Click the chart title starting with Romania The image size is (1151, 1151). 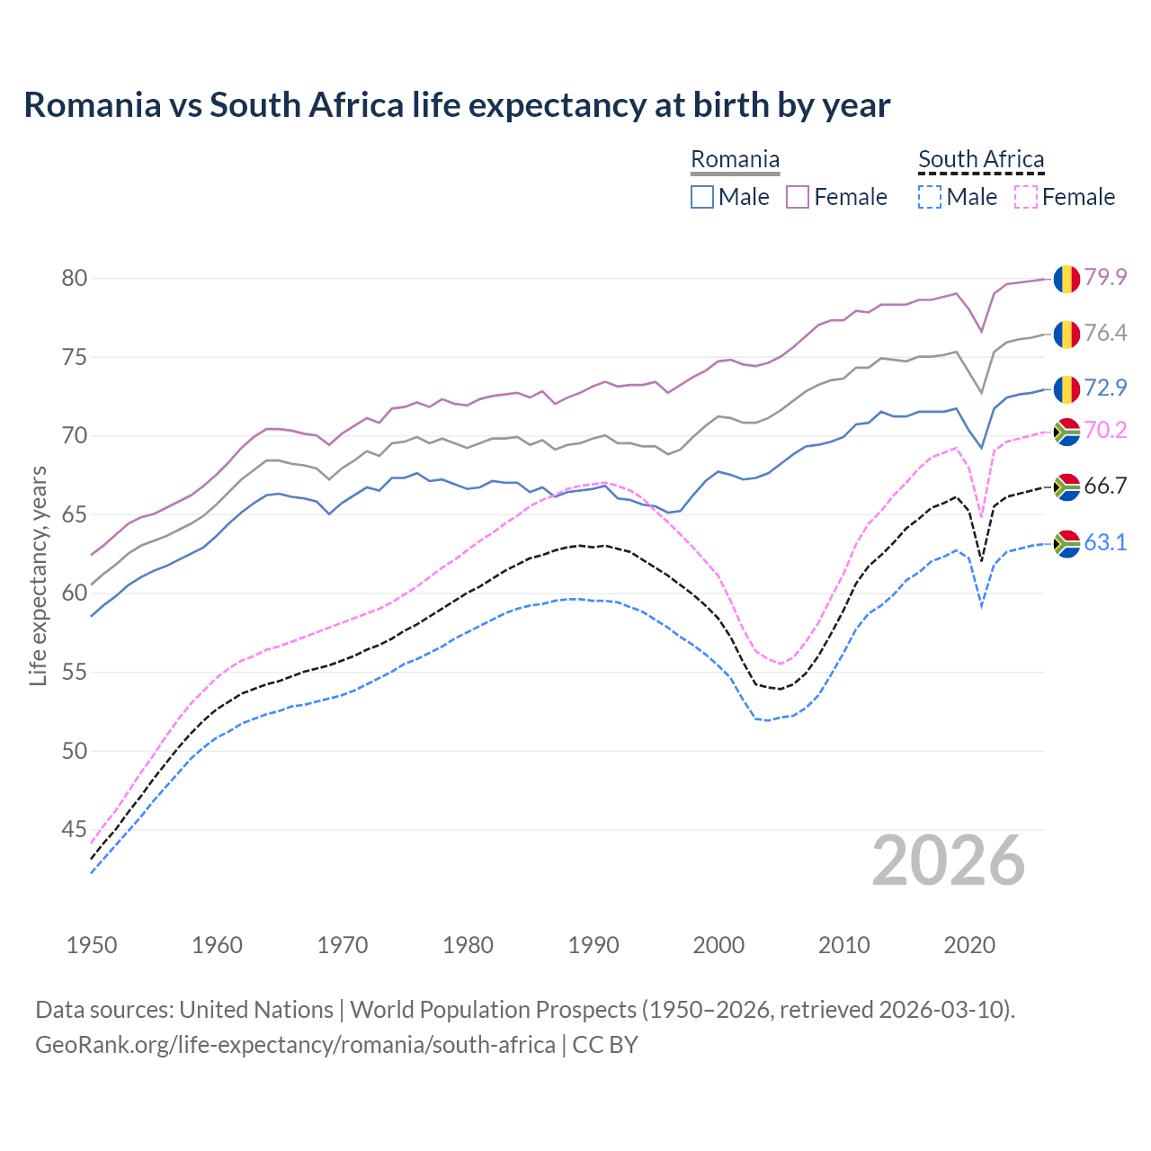[x=457, y=105]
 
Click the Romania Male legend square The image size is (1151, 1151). [x=702, y=197]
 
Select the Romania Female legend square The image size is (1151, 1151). [x=798, y=197]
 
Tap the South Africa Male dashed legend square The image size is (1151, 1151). [x=930, y=197]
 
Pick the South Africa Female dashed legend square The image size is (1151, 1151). [x=1025, y=197]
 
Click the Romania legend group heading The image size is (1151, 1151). [x=735, y=160]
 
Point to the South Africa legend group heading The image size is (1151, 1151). [x=981, y=160]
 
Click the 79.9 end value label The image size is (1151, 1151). [x=1105, y=277]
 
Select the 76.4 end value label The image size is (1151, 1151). [x=1105, y=334]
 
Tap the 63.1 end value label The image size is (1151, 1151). [x=1105, y=542]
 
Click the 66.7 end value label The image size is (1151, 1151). [x=1105, y=486]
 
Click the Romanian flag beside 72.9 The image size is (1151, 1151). [x=1066, y=388]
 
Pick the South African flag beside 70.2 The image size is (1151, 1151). [x=1066, y=432]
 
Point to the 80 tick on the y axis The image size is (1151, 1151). [x=75, y=279]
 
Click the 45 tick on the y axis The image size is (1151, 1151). [x=75, y=829]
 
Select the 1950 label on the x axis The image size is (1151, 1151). [x=92, y=945]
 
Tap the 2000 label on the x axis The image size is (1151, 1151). [x=718, y=945]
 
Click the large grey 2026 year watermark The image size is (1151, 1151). [x=948, y=861]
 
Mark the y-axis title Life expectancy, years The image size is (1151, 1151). [x=38, y=575]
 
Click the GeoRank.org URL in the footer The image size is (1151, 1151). [x=295, y=1045]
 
